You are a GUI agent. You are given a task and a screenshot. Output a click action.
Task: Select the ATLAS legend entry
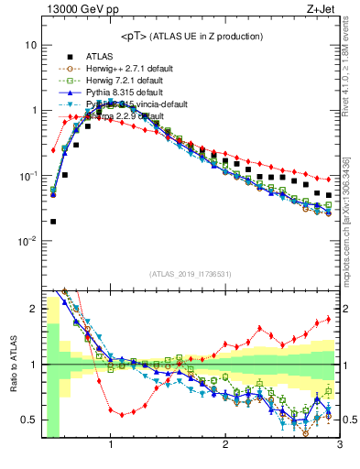pyautogui.click(x=100, y=56)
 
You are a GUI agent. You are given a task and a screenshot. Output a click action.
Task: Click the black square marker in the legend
pyautogui.click(x=69, y=56)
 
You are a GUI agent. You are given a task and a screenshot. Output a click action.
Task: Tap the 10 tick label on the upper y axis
pyautogui.click(x=31, y=45)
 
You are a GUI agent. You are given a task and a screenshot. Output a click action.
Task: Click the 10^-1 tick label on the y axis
pyautogui.click(x=27, y=176)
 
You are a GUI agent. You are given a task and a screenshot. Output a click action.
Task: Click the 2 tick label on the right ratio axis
pyautogui.click(x=347, y=309)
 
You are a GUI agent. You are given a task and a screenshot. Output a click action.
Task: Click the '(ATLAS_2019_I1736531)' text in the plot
pyautogui.click(x=190, y=274)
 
